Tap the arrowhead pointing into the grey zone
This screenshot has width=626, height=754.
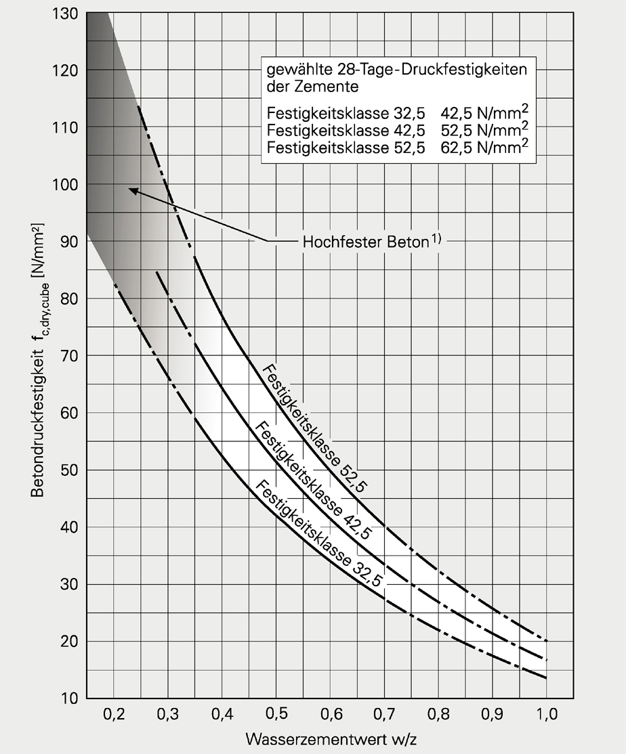pyautogui.click(x=131, y=191)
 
